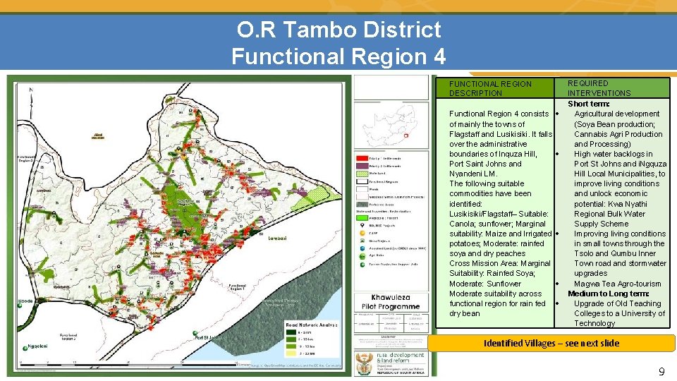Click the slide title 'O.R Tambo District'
[338, 30]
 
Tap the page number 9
[661, 371]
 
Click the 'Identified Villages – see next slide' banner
[551, 344]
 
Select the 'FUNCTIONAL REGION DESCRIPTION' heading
[490, 88]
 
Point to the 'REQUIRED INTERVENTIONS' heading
[599, 88]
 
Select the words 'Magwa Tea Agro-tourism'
[617, 284]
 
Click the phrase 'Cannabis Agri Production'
[618, 134]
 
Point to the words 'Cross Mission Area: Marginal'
[499, 263]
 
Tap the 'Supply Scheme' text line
[600, 224]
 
